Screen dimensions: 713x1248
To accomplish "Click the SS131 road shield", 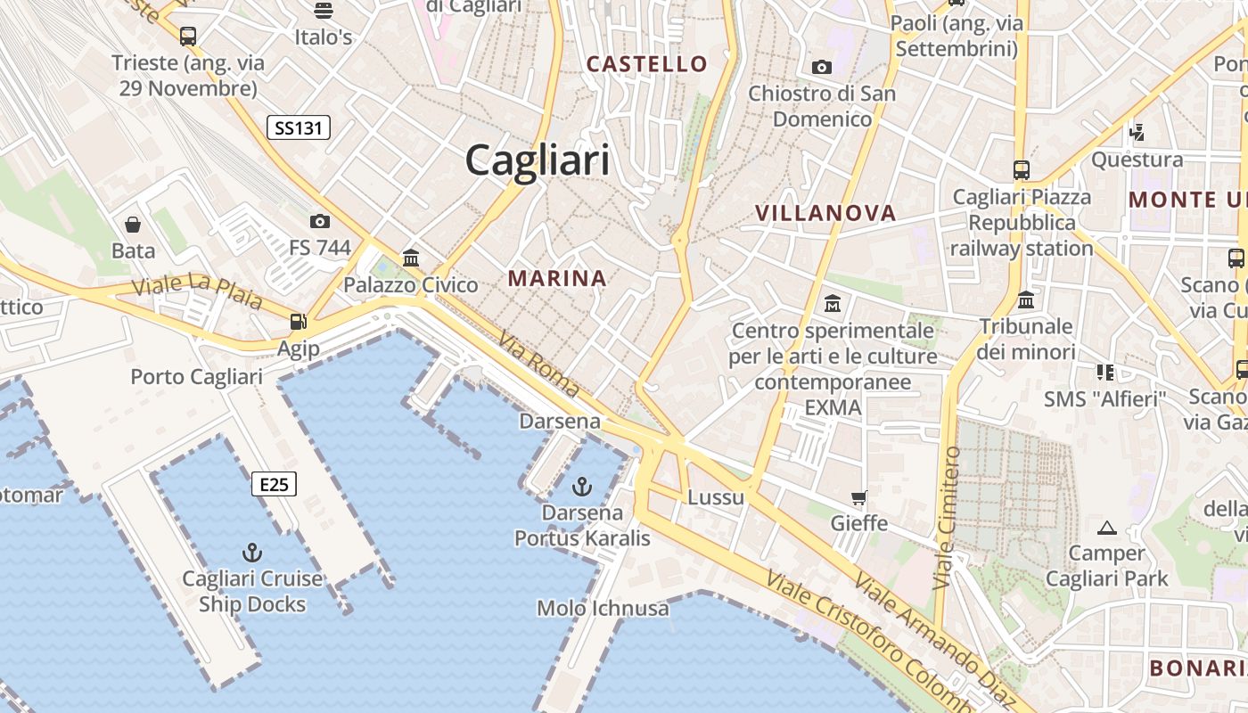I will pyautogui.click(x=299, y=128).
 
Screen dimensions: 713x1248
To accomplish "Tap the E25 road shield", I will pyautogui.click(x=274, y=484).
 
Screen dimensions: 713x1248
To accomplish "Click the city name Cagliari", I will pyautogui.click(x=538, y=161).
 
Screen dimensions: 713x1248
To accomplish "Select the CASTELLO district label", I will pyautogui.click(x=647, y=64).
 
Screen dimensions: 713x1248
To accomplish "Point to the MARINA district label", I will pyautogui.click(x=557, y=278).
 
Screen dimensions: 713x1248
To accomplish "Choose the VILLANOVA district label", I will pyautogui.click(x=825, y=213).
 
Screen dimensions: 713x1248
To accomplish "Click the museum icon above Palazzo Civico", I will pyautogui.click(x=411, y=258).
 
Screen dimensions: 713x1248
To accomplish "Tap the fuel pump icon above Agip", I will pyautogui.click(x=298, y=322).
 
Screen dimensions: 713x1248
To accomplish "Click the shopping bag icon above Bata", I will pyautogui.click(x=133, y=224).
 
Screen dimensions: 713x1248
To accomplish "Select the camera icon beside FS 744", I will pyautogui.click(x=319, y=221).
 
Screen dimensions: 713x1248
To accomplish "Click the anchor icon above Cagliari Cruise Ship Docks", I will pyautogui.click(x=253, y=553).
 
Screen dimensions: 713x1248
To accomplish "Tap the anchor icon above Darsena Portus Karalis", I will pyautogui.click(x=581, y=487).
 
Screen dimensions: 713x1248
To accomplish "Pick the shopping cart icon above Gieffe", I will pyautogui.click(x=859, y=497).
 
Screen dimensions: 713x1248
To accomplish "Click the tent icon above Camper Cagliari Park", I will pyautogui.click(x=1107, y=528).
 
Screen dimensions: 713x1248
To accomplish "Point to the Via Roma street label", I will pyautogui.click(x=539, y=365).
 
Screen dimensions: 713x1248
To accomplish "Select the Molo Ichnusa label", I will pyautogui.click(x=603, y=609).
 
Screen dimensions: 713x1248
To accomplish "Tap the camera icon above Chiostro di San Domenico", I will pyautogui.click(x=822, y=67).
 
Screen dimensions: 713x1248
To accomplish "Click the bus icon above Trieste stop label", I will pyautogui.click(x=187, y=37).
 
